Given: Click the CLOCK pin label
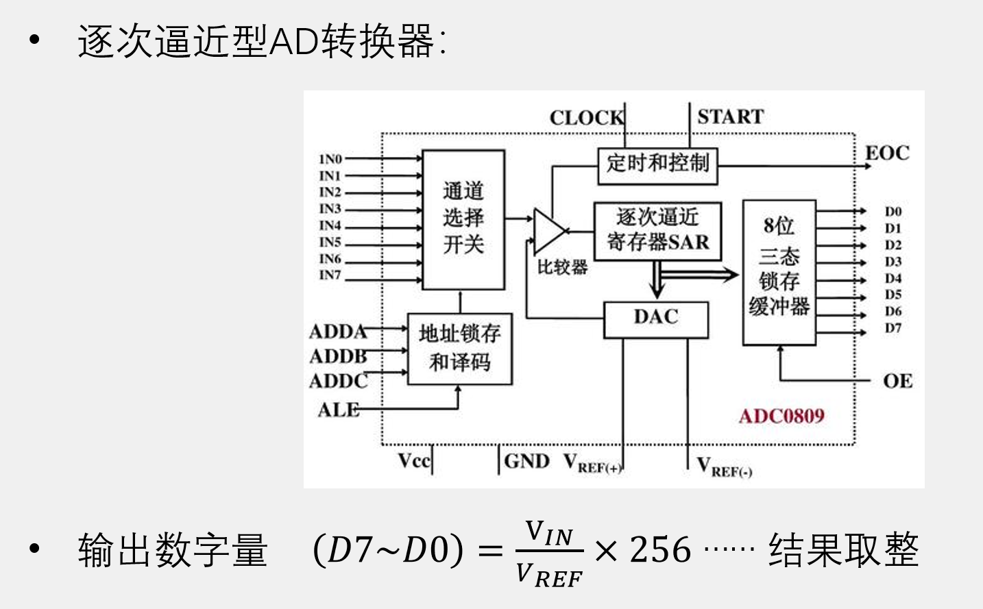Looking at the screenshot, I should (586, 118).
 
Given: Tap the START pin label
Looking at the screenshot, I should (730, 116).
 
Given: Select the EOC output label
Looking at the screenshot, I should (887, 153).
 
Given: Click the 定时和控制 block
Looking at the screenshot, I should (657, 165).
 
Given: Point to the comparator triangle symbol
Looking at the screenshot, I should (548, 231).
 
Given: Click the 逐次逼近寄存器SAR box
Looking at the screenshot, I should (657, 230).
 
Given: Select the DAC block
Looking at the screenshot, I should (655, 319).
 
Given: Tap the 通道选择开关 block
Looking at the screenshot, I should (463, 219).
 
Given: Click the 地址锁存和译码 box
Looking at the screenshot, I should (459, 348).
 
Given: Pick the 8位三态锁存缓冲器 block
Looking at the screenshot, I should (779, 272).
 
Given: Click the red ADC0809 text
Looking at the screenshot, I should (781, 416).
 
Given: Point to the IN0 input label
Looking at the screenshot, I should (330, 159).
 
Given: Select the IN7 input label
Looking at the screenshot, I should (330, 275).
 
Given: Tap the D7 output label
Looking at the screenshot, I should (893, 328).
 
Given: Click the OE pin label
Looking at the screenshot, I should (897, 381).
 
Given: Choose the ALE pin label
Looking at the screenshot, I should (338, 410).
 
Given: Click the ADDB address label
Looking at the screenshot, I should (338, 356).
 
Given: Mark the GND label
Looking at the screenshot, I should (526, 461).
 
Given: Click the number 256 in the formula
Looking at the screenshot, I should (660, 550).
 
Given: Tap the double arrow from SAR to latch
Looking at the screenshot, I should (699, 275).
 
